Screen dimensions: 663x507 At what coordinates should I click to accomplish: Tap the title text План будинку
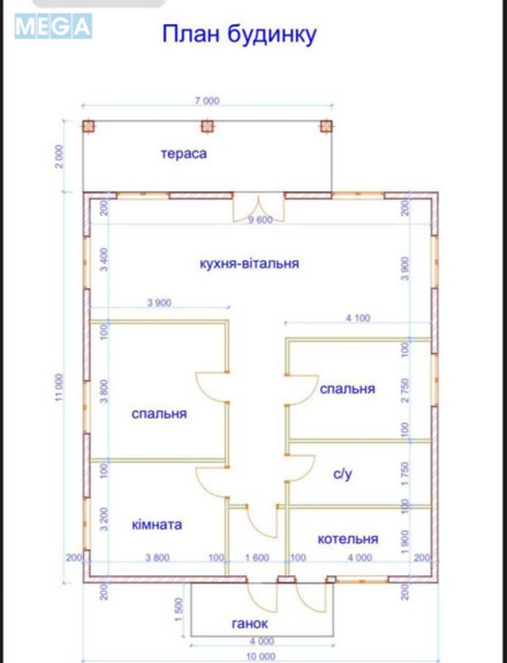[238, 35]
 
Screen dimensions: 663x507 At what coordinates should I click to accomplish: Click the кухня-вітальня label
[249, 264]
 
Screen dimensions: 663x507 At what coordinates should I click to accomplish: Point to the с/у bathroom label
[344, 474]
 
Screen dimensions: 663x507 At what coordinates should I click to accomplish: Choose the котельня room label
[348, 539]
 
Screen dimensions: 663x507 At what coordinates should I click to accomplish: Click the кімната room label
[157, 525]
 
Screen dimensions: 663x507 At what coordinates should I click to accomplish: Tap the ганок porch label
[249, 623]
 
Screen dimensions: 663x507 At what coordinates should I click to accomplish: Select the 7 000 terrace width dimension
[207, 101]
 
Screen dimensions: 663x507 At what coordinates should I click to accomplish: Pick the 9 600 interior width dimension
[260, 220]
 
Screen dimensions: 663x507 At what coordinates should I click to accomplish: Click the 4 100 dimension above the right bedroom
[359, 317]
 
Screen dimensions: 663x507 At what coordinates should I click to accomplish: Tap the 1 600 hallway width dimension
[258, 558]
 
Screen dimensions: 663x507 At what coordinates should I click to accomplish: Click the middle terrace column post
[207, 126]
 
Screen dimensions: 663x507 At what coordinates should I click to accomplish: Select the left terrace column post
[89, 126]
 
